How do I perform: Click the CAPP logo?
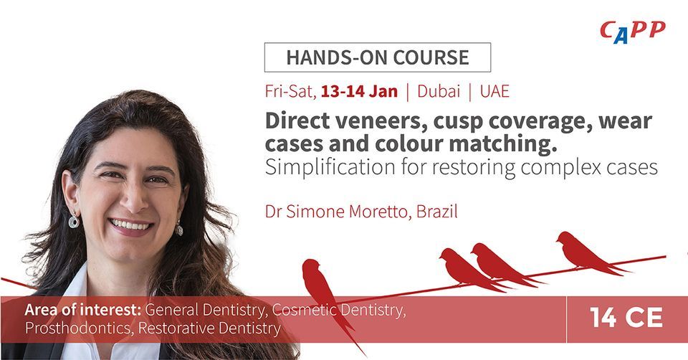tap(631, 32)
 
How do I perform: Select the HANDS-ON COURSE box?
tap(378, 57)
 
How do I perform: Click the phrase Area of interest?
tap(83, 311)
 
